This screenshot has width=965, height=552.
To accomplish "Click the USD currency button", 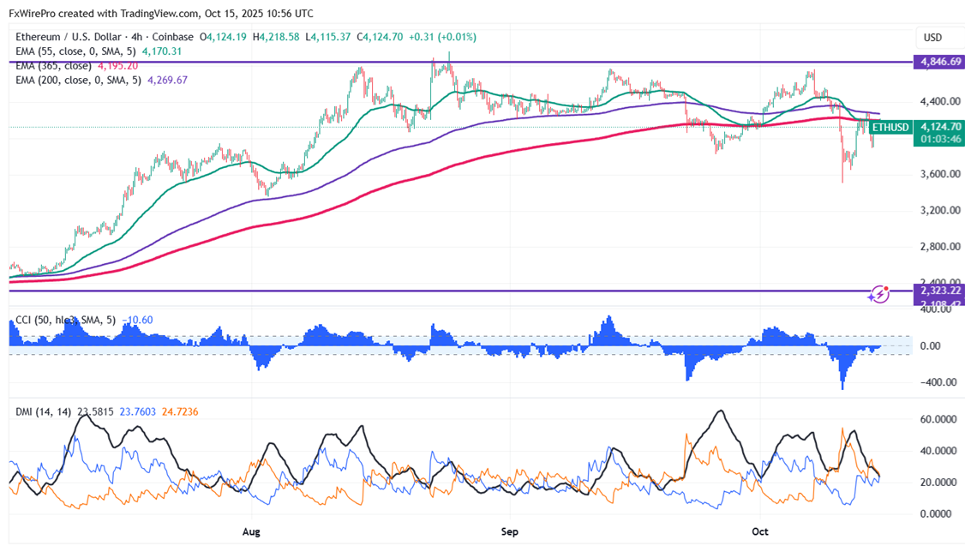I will coord(932,38).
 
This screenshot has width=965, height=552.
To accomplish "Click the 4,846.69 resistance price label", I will coord(938,63).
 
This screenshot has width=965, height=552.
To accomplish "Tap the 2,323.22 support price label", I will coord(938,291).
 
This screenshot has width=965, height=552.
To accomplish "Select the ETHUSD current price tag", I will coord(892,128).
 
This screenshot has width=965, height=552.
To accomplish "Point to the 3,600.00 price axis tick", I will coord(938,174).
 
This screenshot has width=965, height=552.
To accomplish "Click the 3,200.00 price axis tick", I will coord(938,210).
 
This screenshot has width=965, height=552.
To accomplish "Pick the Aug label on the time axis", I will coord(251,532).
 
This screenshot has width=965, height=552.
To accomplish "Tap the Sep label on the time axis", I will coord(510,532).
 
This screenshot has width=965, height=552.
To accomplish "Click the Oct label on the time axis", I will coord(760,532).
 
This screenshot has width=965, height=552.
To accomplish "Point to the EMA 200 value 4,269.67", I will coord(168,80).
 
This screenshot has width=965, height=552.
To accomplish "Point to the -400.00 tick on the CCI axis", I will coord(936,382).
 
